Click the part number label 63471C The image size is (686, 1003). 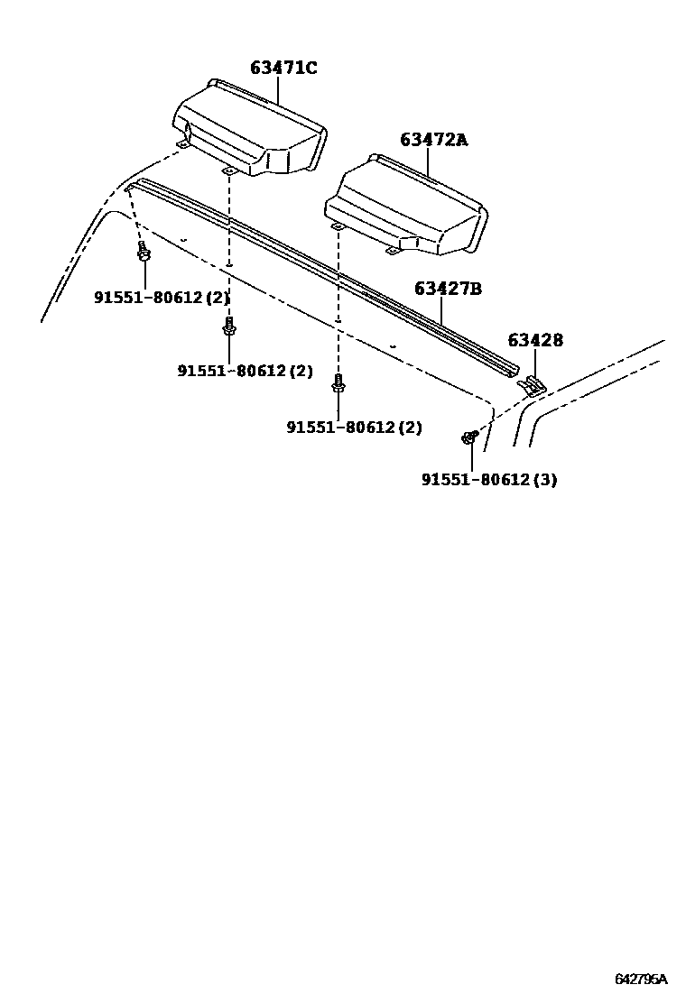tap(283, 68)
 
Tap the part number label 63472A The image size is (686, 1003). tap(434, 139)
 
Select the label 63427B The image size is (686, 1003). tap(448, 289)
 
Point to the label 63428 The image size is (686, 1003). tap(534, 340)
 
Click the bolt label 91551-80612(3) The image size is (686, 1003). tap(488, 480)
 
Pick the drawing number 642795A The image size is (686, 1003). tap(641, 980)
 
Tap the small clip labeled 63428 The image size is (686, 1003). tap(533, 386)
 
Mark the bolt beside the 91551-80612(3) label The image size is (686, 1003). tap(469, 438)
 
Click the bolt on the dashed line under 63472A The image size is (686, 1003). tap(338, 385)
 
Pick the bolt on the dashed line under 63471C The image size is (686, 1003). tap(229, 328)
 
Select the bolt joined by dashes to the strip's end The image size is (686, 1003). tap(144, 252)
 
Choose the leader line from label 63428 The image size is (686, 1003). tap(533, 363)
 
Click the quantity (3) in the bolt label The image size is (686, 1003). tap(544, 480)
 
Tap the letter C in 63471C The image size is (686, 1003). tap(311, 68)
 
